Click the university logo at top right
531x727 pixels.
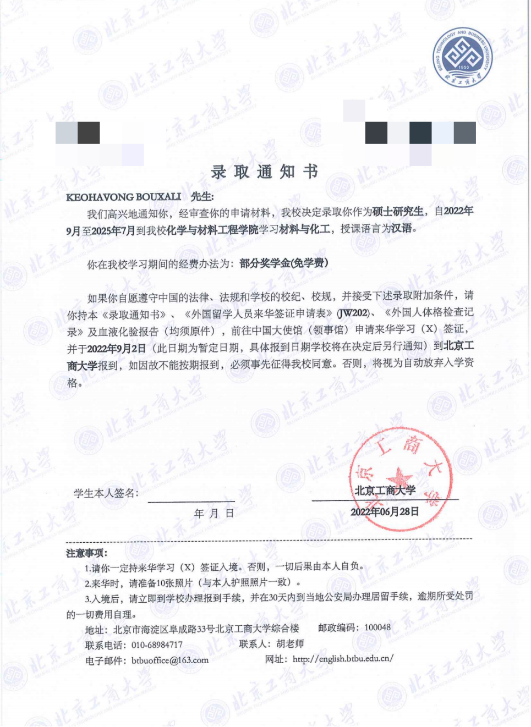point(462,57)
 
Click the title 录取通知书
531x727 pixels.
point(265,172)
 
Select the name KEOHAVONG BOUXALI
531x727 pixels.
point(124,197)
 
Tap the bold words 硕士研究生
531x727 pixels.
point(398,211)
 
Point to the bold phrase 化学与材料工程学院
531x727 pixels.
point(212,229)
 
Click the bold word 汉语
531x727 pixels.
point(402,228)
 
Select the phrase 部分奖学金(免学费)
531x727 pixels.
point(284,263)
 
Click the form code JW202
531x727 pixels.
point(353,313)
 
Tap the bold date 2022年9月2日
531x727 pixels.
point(117,348)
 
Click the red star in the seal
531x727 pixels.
point(399,476)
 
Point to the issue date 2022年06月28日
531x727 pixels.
point(385,511)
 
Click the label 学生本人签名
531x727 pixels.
point(106,493)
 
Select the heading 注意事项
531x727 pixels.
point(87,553)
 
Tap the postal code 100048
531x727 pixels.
point(377,627)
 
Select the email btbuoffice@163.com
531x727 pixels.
point(170,660)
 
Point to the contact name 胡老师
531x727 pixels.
point(290,643)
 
